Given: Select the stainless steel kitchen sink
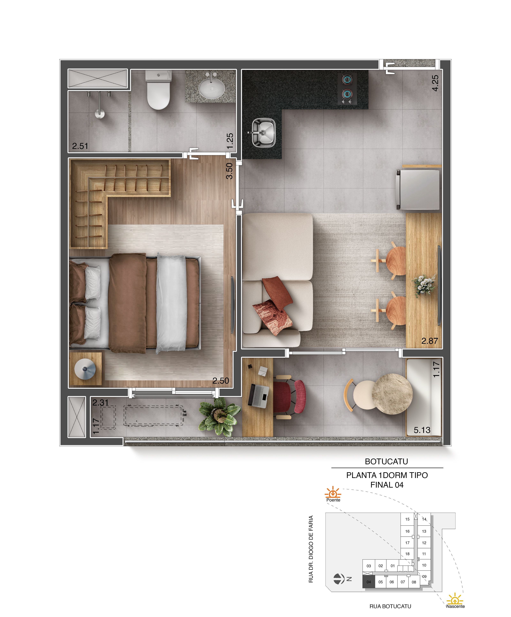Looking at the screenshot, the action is (263, 132).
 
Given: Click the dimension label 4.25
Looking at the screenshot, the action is (435, 83).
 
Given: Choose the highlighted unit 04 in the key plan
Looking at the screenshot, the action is (369, 582).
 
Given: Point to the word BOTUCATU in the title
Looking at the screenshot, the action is (386, 461).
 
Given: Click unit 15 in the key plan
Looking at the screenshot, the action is (407, 519).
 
